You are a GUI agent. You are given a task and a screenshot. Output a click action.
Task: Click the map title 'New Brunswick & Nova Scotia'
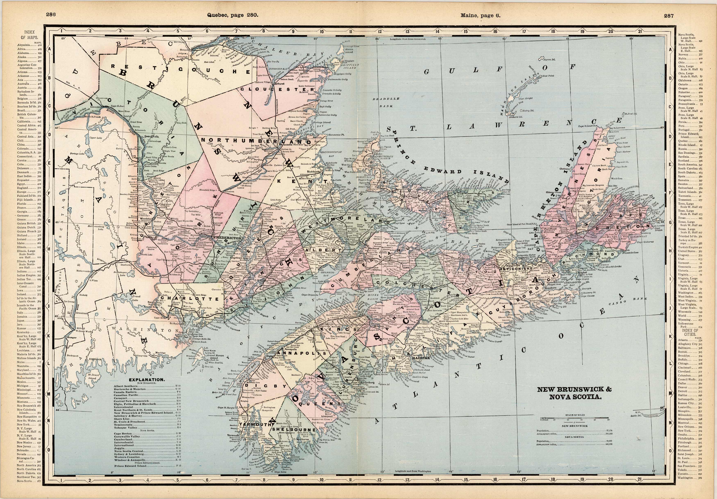coord(574,393)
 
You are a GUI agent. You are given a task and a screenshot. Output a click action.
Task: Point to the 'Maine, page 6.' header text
coord(480,15)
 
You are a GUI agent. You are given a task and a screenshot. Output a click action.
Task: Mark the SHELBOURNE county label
coord(294,429)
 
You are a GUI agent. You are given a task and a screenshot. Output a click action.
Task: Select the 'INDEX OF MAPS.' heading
coord(30,35)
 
